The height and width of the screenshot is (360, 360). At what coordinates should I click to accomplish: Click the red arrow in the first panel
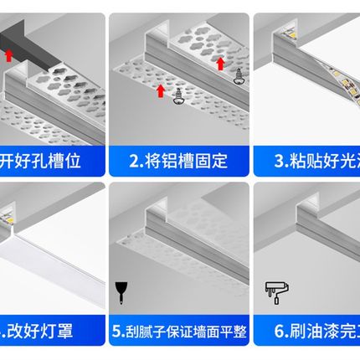pos(8,56)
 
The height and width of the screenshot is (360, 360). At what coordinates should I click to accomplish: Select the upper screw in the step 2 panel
pos(237,73)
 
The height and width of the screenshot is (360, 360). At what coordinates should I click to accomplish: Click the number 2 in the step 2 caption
pos(134,158)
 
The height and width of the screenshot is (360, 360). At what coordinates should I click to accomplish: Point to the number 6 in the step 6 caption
pos(278,332)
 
